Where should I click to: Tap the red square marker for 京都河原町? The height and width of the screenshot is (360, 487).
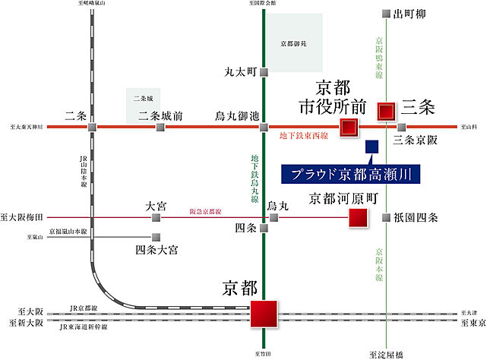(358, 219)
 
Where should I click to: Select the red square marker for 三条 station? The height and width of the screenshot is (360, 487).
(387, 111)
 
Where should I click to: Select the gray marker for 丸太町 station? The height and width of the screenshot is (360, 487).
(264, 73)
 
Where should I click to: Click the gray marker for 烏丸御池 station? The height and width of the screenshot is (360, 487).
(264, 127)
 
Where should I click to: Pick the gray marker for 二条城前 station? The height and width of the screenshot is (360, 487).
(160, 127)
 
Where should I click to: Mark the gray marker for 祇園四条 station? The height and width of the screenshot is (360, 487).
(387, 218)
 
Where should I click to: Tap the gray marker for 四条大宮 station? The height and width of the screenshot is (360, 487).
(157, 237)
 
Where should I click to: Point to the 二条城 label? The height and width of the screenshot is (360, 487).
(142, 99)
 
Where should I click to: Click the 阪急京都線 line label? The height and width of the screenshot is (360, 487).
(205, 212)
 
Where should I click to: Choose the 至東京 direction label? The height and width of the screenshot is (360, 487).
(471, 321)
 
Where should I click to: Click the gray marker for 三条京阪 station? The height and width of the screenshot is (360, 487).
(402, 127)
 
